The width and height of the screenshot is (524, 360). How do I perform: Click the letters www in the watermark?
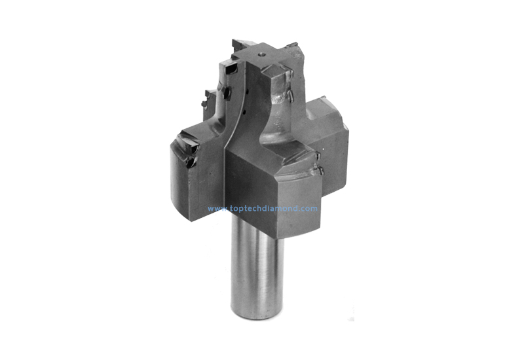click(215, 209)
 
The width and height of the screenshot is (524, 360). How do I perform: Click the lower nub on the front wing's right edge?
click(319, 171)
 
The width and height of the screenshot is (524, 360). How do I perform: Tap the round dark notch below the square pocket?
click(227, 92)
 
